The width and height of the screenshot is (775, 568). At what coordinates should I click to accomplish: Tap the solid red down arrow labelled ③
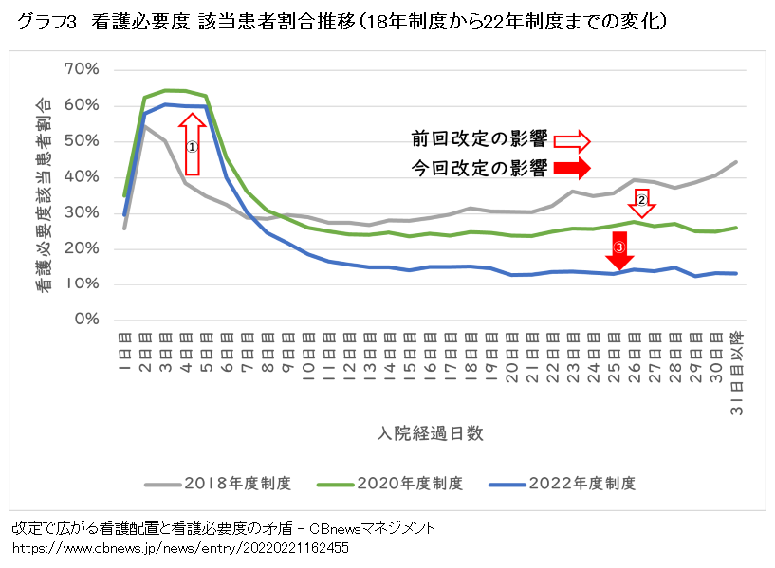pyautogui.click(x=619, y=250)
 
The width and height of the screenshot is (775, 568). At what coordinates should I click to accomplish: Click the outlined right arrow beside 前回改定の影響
pyautogui.click(x=572, y=141)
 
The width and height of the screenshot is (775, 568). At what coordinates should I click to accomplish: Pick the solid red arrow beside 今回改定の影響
pyautogui.click(x=572, y=169)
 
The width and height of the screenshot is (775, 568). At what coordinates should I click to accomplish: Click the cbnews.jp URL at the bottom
pyautogui.click(x=180, y=549)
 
